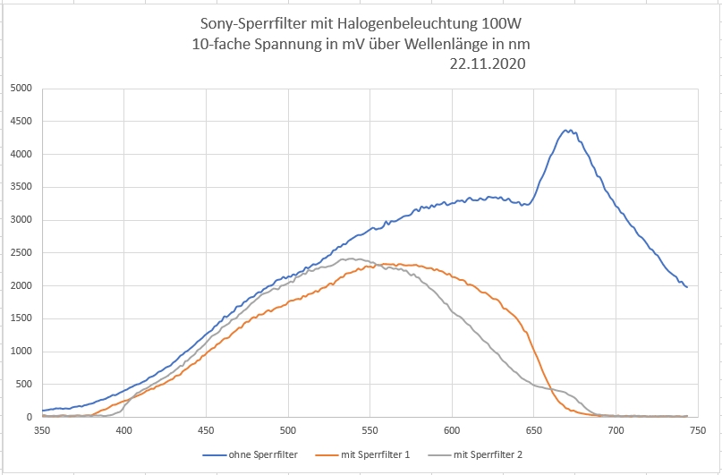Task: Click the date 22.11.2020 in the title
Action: [488, 64]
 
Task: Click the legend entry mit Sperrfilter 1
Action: [374, 455]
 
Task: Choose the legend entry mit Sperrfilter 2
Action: [487, 455]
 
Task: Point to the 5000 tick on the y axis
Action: [19, 89]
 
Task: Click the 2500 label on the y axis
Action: [19, 253]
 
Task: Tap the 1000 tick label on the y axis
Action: [19, 352]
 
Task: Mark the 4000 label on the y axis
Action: [19, 154]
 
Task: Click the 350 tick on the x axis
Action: [42, 430]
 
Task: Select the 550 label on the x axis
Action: [369, 430]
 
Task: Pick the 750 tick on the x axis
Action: [697, 430]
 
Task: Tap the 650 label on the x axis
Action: [533, 430]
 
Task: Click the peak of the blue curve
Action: [566, 131]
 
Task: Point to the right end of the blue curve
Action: [686, 286]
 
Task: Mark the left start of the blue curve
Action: [43, 411]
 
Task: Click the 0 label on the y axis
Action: [29, 417]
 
